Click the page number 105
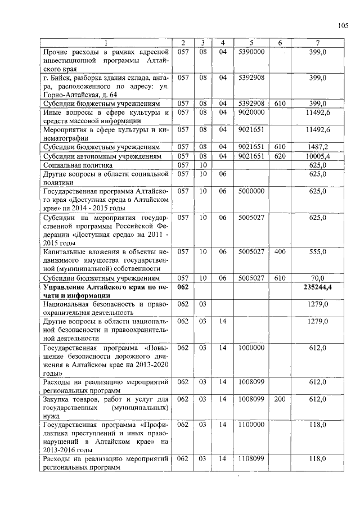(344, 25)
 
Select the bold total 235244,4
(318, 287)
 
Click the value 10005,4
(318, 156)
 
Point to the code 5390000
(251, 52)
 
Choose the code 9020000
(251, 112)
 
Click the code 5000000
(251, 192)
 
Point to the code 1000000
(251, 348)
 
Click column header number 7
(318, 43)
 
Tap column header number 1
(106, 43)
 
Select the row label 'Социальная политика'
(78, 165)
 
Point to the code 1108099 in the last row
(251, 460)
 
